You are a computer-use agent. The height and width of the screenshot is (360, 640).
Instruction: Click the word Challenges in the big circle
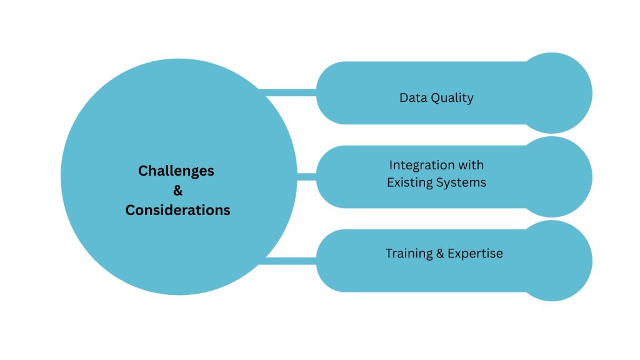[176, 171]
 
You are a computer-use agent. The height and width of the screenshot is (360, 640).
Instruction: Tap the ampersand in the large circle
[177, 190]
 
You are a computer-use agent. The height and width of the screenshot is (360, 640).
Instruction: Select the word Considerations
[177, 210]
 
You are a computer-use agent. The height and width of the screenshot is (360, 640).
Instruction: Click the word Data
[412, 97]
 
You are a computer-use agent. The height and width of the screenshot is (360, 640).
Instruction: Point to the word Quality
[452, 98]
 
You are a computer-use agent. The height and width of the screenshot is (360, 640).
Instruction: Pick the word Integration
[425, 166]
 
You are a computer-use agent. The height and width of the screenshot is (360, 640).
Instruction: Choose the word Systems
[461, 183]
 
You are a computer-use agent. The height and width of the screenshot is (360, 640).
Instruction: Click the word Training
[409, 254]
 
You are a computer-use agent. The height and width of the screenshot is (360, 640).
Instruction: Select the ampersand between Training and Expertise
[440, 254]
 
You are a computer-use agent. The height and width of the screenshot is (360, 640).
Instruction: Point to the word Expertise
[475, 254]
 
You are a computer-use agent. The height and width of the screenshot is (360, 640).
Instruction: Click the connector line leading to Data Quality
[287, 92]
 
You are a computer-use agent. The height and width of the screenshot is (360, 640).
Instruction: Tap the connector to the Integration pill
[306, 177]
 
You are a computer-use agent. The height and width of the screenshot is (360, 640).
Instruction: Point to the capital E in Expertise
[451, 254]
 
